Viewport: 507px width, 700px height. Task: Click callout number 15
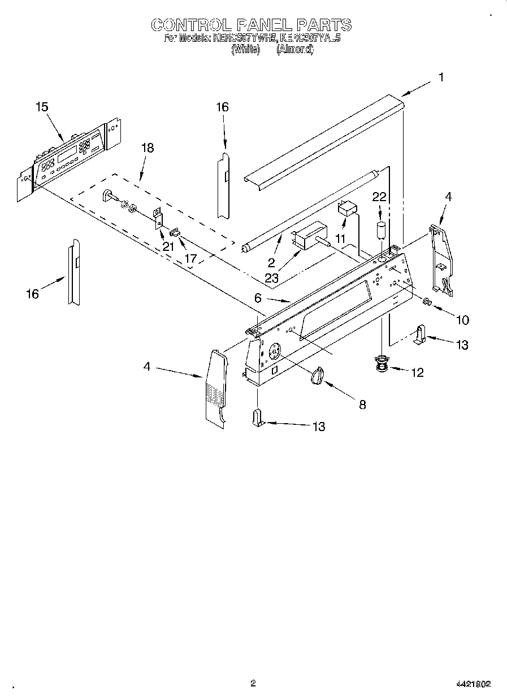tap(41, 107)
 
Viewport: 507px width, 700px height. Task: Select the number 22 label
tap(379, 197)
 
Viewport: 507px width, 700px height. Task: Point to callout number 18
tap(147, 148)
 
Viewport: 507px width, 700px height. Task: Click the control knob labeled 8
tap(319, 375)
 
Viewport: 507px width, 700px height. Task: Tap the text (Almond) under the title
tap(294, 49)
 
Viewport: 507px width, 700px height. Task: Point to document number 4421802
tap(473, 684)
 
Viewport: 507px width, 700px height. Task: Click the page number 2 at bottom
tap(253, 683)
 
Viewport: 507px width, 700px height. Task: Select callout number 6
tap(258, 298)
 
